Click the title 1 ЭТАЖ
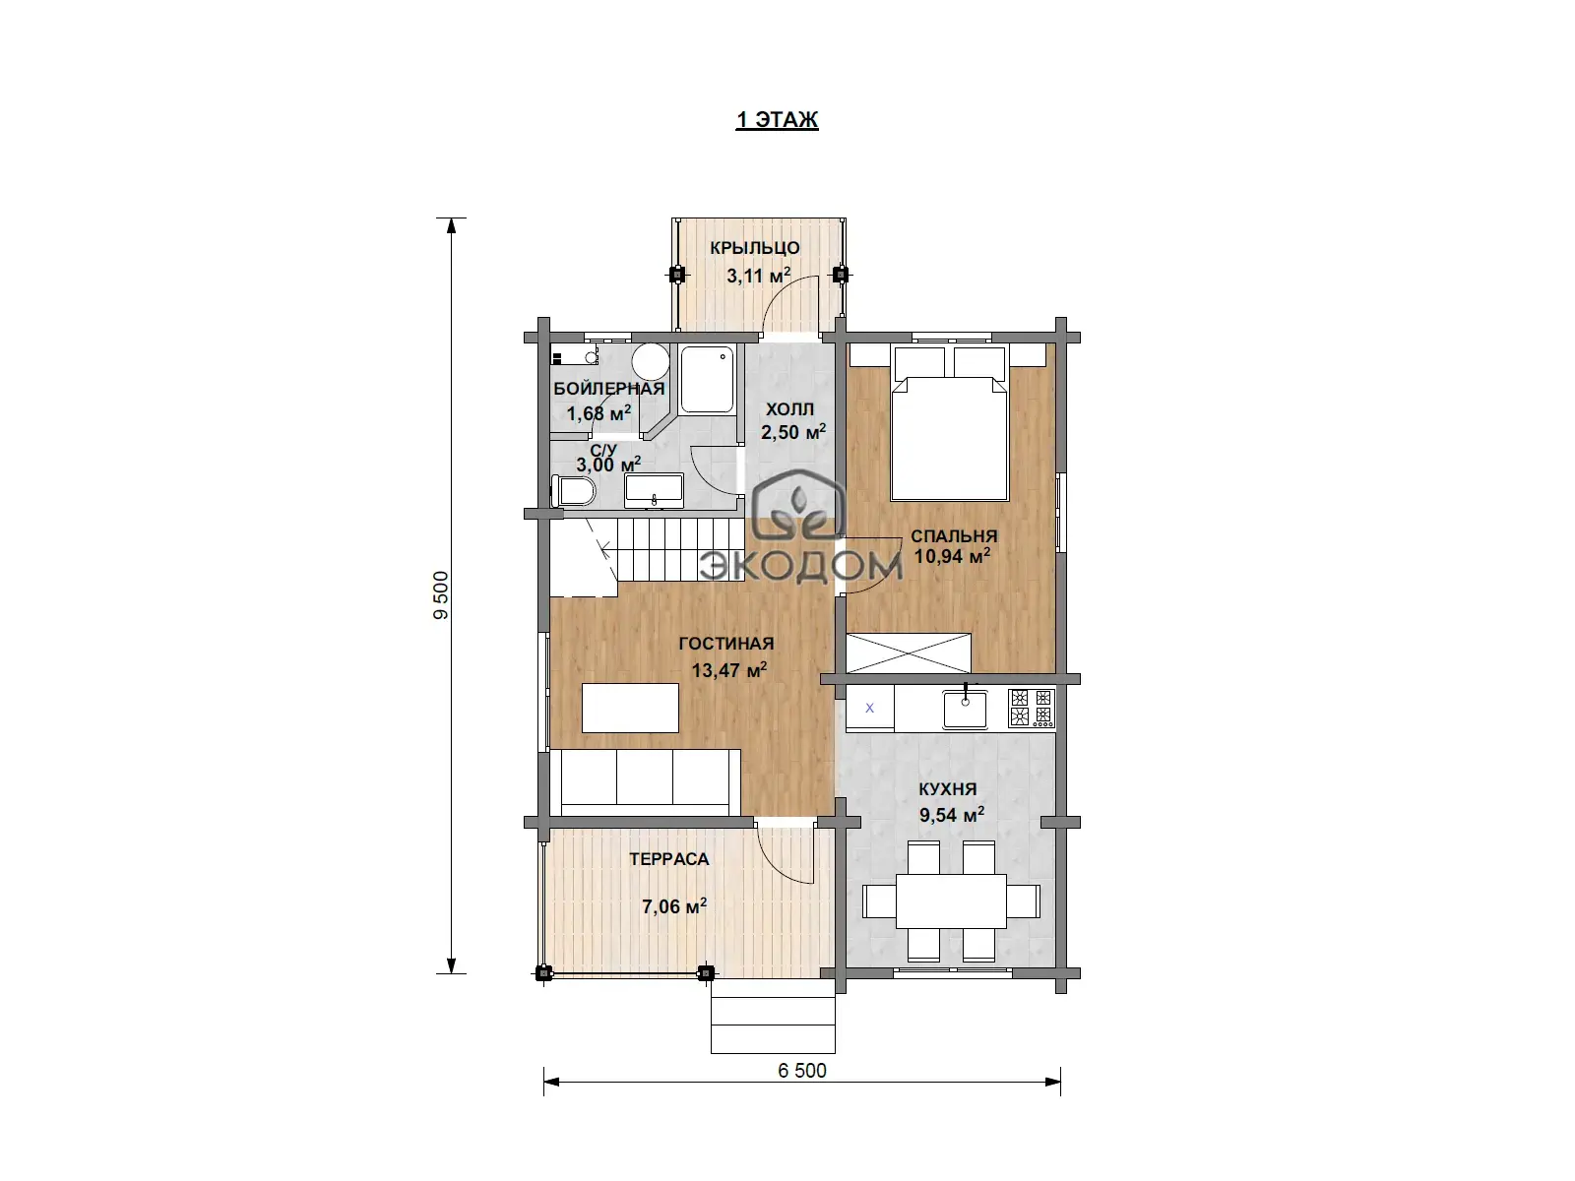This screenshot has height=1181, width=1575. coord(777,119)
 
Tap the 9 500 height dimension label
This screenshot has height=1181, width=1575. coord(441,595)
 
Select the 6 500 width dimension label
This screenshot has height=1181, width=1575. coord(802,1071)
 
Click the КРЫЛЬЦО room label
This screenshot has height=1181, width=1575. coord(755,247)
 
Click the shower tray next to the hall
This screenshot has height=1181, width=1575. coord(708,380)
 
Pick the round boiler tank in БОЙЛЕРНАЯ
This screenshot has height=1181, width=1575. coord(651,361)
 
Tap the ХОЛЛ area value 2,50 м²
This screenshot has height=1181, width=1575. coord(793,432)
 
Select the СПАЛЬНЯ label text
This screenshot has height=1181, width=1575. coord(954,535)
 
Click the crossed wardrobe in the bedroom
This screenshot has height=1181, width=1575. coord(909,653)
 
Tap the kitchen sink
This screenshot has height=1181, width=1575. coord(965,708)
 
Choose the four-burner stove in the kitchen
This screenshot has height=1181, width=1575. coord(1031,708)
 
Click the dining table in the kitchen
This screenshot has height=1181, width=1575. coord(952,901)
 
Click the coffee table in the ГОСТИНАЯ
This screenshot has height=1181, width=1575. coord(630,708)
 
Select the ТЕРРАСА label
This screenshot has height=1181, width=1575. coord(668,859)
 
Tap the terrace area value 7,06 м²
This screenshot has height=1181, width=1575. coord(674,906)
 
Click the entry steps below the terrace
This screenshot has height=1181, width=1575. coord(773,1017)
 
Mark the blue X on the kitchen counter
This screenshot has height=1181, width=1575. coord(869,708)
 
